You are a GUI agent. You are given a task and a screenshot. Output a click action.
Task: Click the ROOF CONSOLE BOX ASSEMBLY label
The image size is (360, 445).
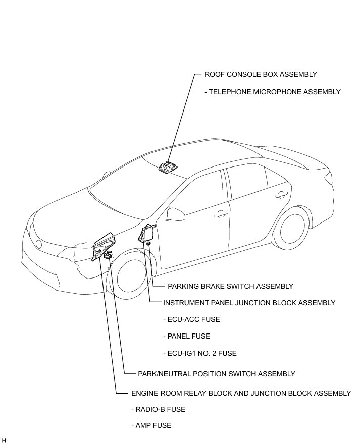pyautogui.click(x=261, y=74)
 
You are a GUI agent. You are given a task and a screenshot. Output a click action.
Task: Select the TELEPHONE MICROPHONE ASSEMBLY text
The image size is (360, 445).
pyautogui.click(x=273, y=92)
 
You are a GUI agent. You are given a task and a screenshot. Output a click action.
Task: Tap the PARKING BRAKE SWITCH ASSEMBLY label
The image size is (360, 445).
pyautogui.click(x=230, y=286)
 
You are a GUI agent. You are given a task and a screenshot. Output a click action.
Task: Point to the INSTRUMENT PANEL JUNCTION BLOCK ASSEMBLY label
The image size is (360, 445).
pyautogui.click(x=249, y=303)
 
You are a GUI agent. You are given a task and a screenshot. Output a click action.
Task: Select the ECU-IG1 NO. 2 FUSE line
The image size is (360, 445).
pyautogui.click(x=199, y=353)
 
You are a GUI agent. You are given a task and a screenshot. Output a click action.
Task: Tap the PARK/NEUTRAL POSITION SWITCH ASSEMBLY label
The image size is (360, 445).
pyautogui.click(x=216, y=374)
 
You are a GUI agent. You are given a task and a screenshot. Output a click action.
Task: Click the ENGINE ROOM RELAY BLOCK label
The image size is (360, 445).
pyautogui.click(x=240, y=393)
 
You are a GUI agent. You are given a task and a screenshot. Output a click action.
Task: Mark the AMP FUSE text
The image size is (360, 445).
pyautogui.click(x=151, y=425)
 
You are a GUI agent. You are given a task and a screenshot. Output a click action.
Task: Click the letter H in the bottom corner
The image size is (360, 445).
pyautogui.click(x=4, y=440)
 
